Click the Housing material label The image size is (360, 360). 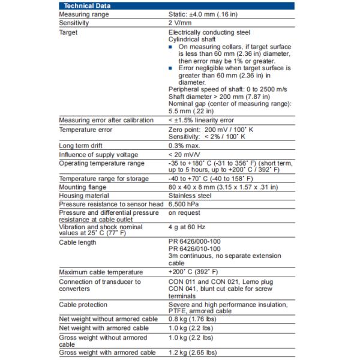83,196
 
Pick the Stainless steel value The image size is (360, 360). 190,196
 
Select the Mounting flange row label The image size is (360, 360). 82,187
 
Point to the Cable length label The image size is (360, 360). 77,242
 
